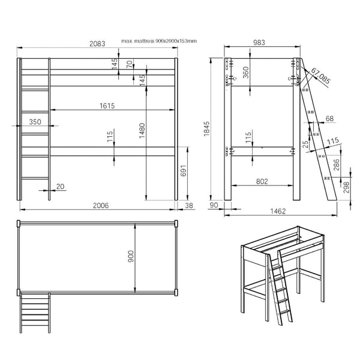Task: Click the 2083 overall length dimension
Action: click(97, 44)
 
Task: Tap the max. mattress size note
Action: click(159, 41)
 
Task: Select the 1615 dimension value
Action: click(107, 106)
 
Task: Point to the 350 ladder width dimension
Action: click(35, 122)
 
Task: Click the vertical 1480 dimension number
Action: click(142, 131)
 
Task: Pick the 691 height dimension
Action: click(184, 170)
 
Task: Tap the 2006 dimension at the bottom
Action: click(101, 205)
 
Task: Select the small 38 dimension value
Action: click(189, 205)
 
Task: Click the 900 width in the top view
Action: click(130, 256)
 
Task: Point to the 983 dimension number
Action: click(259, 43)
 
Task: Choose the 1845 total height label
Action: click(207, 128)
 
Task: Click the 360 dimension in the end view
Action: click(246, 72)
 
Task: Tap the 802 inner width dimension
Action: click(262, 182)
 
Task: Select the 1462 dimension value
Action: click(278, 211)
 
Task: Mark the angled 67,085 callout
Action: click(321, 76)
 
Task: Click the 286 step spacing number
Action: click(336, 164)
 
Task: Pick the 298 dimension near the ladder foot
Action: click(347, 187)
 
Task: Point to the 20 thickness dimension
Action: click(60, 187)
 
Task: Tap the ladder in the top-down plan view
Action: click(35, 313)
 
